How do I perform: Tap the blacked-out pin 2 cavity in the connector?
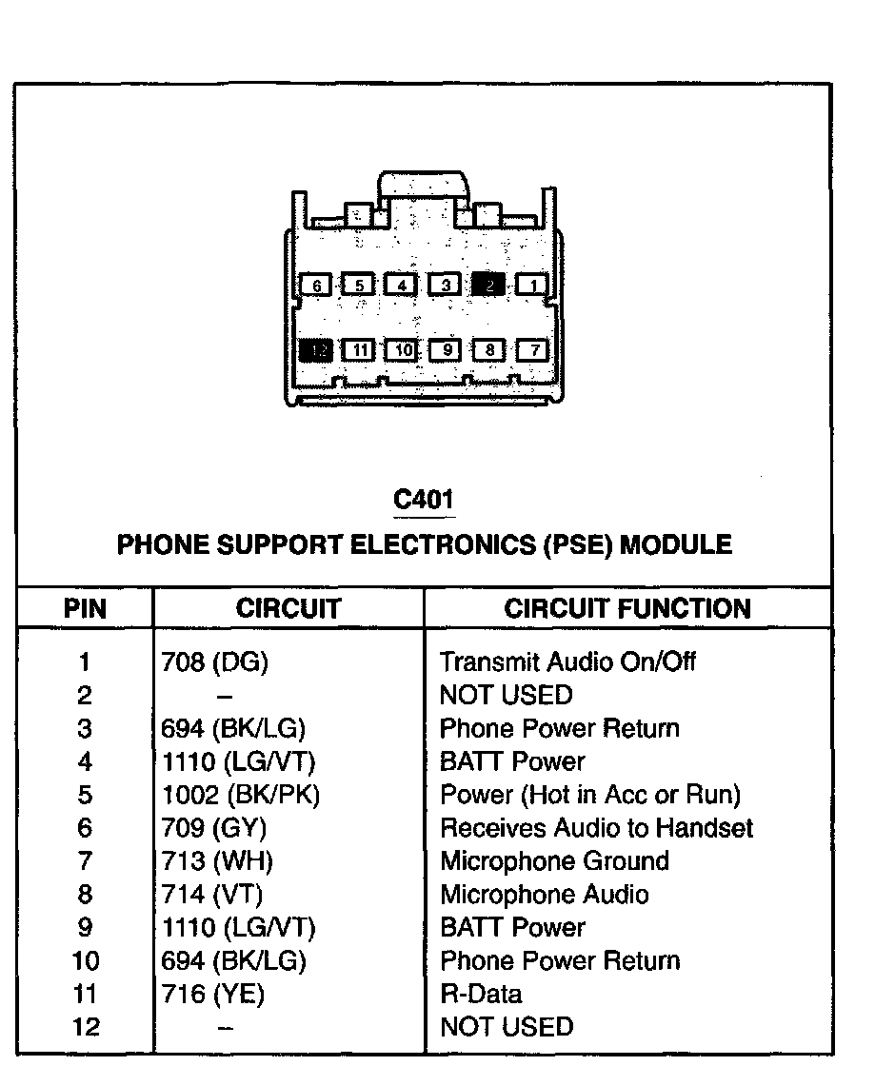coord(488,284)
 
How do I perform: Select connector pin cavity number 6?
coord(317,284)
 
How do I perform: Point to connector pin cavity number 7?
coord(534,350)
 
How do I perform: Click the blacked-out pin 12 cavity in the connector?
coord(317,350)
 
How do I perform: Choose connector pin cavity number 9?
coord(446,350)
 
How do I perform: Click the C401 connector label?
coord(424,499)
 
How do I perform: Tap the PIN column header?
coord(85,609)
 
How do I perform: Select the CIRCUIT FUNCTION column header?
coord(627,609)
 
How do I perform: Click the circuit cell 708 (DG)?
coord(215,661)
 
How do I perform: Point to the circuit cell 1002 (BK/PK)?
coord(240,795)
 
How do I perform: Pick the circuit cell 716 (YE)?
coord(213,995)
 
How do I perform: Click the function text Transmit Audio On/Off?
coord(567,661)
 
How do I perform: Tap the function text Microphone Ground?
coord(554,861)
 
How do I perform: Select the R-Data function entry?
coord(481,995)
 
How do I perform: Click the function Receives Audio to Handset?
coord(596,828)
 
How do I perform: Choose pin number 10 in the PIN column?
coord(85,961)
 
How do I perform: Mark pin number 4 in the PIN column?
coord(85,761)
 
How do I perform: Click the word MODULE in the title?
coord(681,545)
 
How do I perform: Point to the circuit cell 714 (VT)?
coord(212,895)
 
